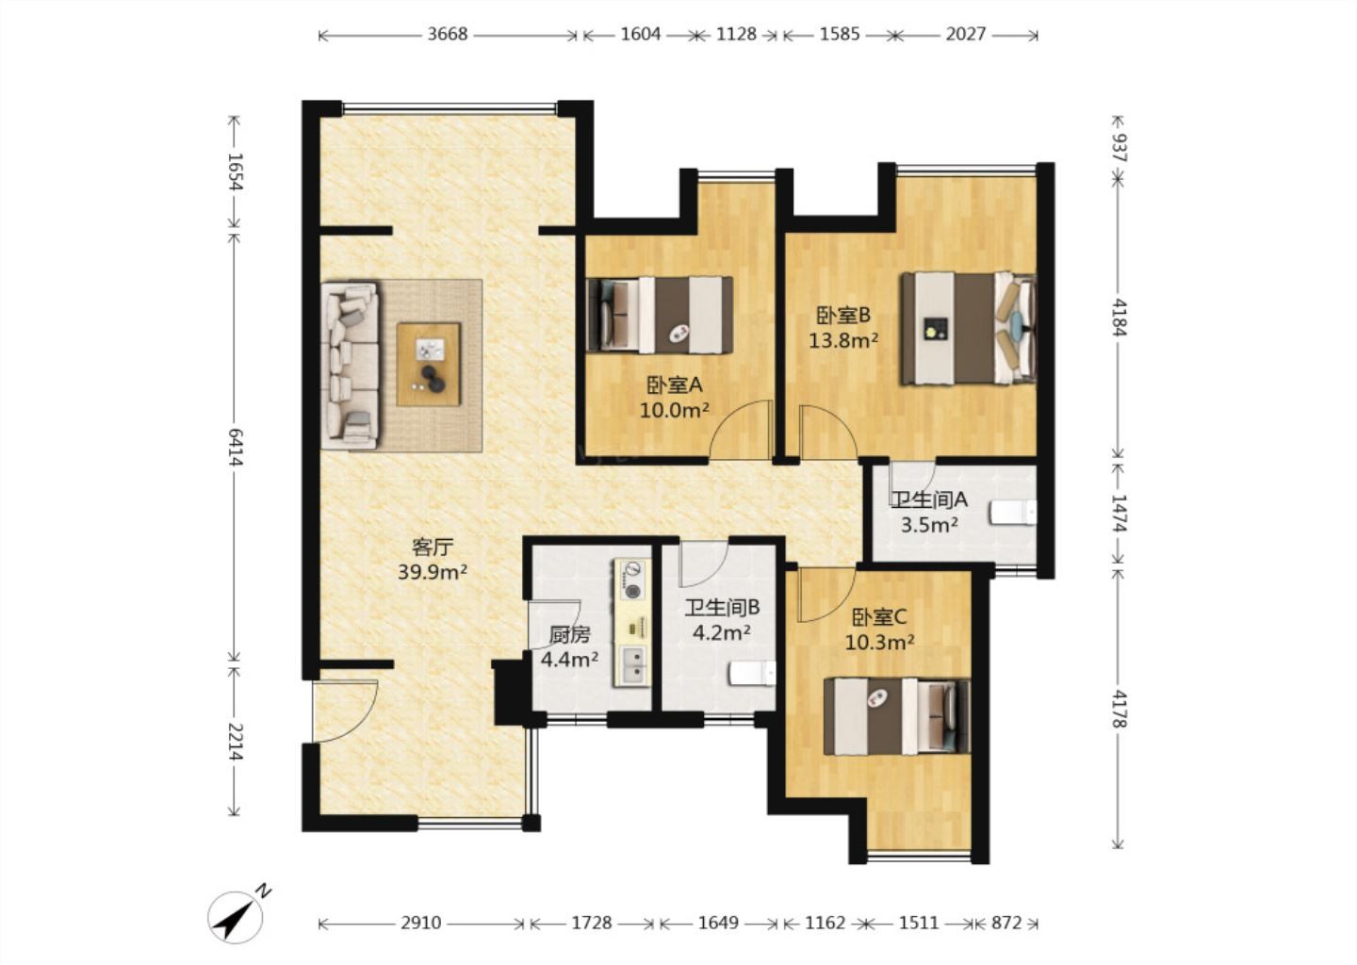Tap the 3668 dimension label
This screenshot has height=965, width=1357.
pyautogui.click(x=448, y=34)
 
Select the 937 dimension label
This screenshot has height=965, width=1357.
pyautogui.click(x=1119, y=148)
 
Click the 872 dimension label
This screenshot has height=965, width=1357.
pyautogui.click(x=1006, y=923)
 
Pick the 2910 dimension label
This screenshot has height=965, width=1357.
pyautogui.click(x=421, y=923)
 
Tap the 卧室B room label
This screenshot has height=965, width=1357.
pyautogui.click(x=843, y=315)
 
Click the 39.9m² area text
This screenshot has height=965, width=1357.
pyautogui.click(x=433, y=572)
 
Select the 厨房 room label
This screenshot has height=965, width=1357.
pyautogui.click(x=569, y=634)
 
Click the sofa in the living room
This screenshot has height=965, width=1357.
pyautogui.click(x=351, y=366)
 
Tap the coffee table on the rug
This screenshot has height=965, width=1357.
pyautogui.click(x=429, y=364)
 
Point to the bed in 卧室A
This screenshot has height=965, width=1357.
pyautogui.click(x=660, y=315)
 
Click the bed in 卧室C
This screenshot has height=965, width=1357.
pyautogui.click(x=897, y=716)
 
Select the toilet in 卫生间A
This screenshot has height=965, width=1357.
pyautogui.click(x=1013, y=513)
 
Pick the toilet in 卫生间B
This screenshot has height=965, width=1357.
pyautogui.click(x=752, y=673)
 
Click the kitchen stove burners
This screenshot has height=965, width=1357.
pyautogui.click(x=632, y=580)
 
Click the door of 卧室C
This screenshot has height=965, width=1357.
pyautogui.click(x=826, y=597)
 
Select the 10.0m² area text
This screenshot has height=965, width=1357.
pyautogui.click(x=675, y=411)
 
